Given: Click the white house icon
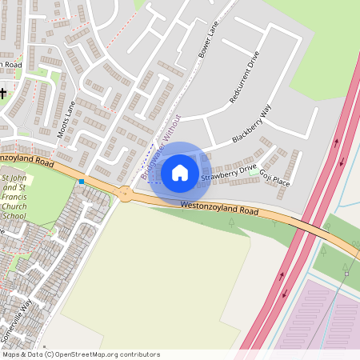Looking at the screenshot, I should (x=180, y=172).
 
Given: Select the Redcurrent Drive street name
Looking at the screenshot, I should (x=245, y=78).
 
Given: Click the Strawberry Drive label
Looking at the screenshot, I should (x=229, y=171).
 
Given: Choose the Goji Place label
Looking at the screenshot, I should (x=274, y=177).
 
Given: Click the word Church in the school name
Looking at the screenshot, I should (x=15, y=206).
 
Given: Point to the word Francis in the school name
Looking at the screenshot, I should (x=15, y=196).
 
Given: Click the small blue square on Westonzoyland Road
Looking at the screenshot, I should (x=82, y=182).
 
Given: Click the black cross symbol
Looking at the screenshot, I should (x=3, y=93).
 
